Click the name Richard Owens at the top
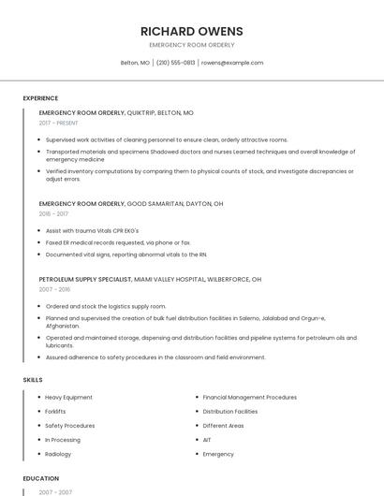pyautogui.click(x=192, y=30)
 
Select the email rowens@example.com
pyautogui.click(x=232, y=63)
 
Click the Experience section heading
pyautogui.click(x=40, y=98)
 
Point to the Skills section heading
pyautogui.click(x=33, y=380)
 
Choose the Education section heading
pyautogui.click(x=40, y=478)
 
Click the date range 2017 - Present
pyautogui.click(x=59, y=123)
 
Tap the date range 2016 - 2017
pyautogui.click(x=53, y=213)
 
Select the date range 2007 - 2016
pyautogui.click(x=53, y=289)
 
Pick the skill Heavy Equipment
pyautogui.click(x=68, y=398)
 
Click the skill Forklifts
pyautogui.click(x=55, y=412)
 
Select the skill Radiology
pyautogui.click(x=58, y=454)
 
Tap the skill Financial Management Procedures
pyautogui.click(x=249, y=398)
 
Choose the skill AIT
pyautogui.click(x=207, y=440)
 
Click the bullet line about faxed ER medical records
pyautogui.click(x=118, y=242)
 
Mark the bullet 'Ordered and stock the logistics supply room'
pyautogui.click(x=106, y=306)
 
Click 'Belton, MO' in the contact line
pyautogui.click(x=135, y=63)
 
